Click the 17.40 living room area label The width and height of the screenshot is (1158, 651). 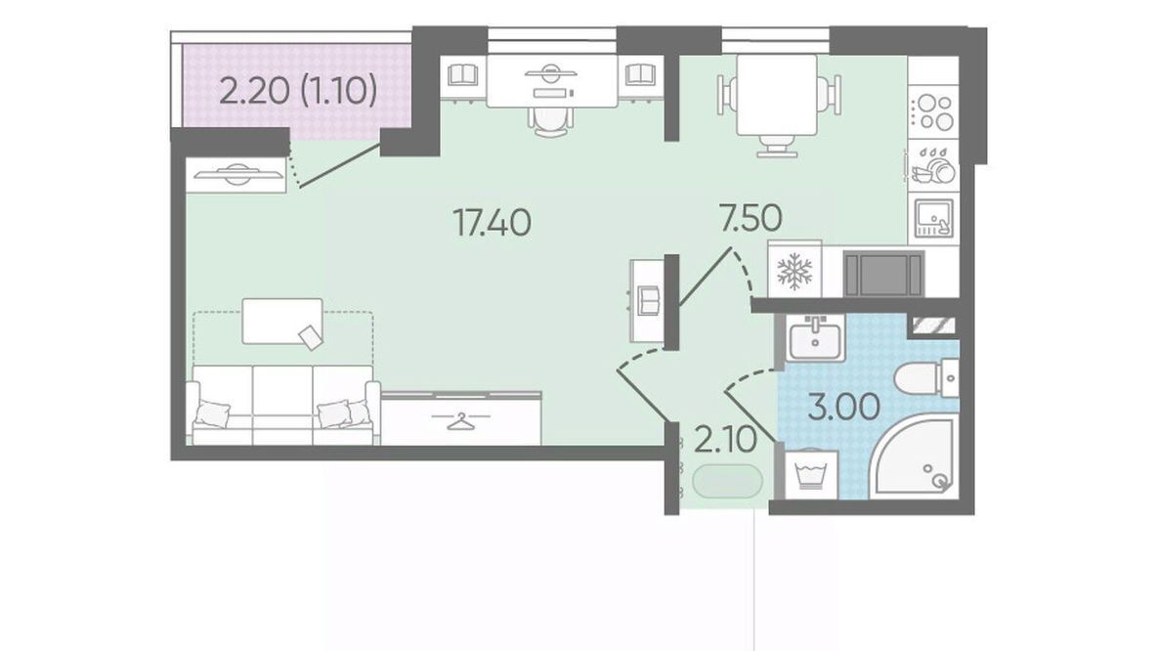492,223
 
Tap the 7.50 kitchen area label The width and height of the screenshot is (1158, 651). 751,218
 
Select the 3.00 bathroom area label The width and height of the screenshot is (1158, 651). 844,408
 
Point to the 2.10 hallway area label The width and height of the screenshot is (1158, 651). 726,441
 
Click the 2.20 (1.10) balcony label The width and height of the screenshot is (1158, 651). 299,92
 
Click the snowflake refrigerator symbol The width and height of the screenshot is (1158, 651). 794,271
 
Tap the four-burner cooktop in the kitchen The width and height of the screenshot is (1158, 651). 933,112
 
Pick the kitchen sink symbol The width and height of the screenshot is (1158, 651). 933,218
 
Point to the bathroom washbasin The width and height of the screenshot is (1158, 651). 815,337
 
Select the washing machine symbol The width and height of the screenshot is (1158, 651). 811,473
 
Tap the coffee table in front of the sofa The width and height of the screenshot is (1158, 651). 282,322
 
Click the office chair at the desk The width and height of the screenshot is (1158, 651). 552,118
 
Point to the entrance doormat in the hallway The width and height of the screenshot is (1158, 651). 727,480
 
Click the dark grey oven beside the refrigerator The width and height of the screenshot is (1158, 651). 884,274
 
